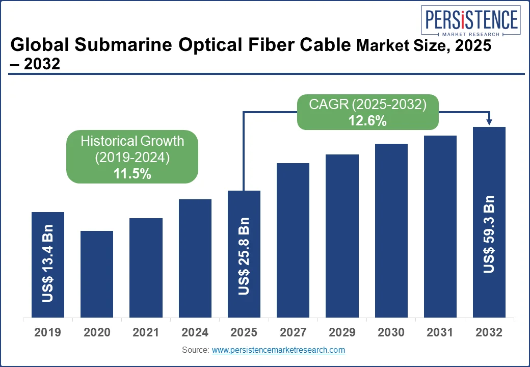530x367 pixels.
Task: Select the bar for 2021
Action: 146,268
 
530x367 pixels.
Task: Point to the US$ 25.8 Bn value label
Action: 244,256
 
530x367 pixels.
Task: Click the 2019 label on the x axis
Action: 48,333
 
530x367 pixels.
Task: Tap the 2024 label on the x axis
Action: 195,333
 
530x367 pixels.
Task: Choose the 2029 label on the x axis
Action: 342,333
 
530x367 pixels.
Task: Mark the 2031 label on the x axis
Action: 440,333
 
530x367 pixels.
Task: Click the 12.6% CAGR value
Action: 367,121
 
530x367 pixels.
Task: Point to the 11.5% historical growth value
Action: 132,174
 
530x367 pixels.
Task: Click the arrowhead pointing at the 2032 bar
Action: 489,122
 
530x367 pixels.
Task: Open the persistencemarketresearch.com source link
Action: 278,350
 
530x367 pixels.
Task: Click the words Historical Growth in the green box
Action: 132,141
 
